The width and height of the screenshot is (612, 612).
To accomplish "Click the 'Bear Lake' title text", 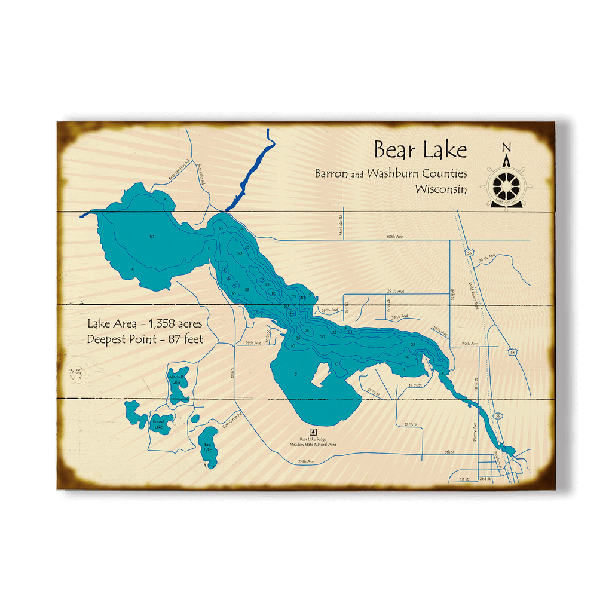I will [x=420, y=149].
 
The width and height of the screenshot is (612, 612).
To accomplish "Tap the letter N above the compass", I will [x=506, y=148].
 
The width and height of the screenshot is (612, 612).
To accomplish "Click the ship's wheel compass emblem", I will [x=506, y=185].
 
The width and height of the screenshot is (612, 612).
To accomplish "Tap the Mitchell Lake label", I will [x=176, y=380].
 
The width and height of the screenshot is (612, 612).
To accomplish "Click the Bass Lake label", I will [x=207, y=447].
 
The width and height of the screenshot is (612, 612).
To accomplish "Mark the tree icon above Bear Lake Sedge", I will [x=313, y=431].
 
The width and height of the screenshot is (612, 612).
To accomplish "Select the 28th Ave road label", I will [x=306, y=461].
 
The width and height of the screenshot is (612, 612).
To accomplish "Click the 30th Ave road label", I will [x=394, y=237].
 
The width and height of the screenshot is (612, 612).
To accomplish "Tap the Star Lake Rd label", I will [x=341, y=225].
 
